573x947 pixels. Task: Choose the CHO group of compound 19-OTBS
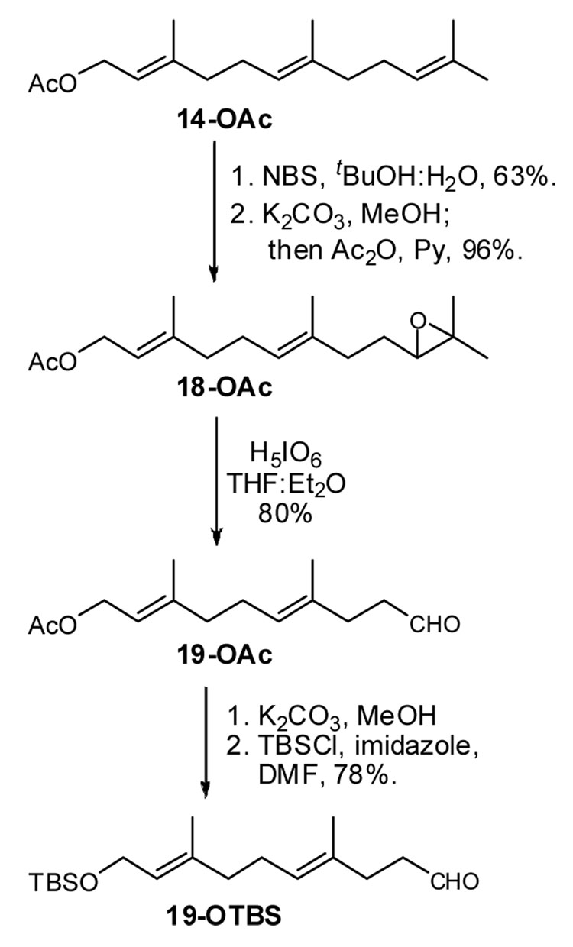[x=455, y=883]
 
